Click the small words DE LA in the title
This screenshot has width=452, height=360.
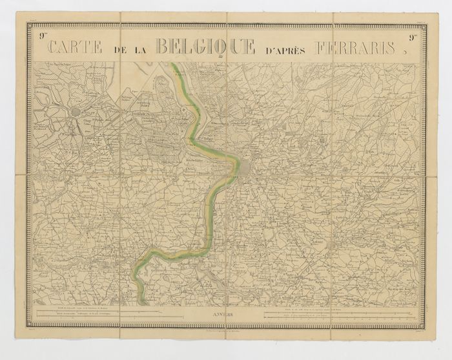(x=131, y=48)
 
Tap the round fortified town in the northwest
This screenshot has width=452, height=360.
(x=76, y=112)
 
